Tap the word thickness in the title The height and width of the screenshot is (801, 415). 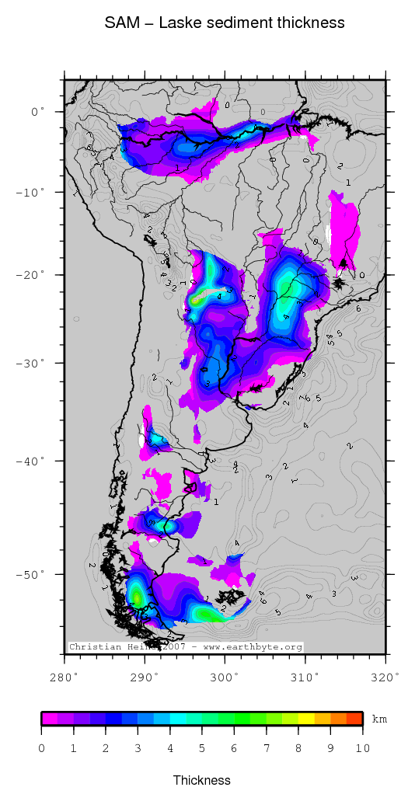point(309,23)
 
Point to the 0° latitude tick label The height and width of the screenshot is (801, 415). point(37,112)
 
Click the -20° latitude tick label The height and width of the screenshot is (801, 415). point(32,275)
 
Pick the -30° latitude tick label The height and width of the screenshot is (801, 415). point(32,363)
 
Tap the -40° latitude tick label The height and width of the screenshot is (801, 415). point(32,461)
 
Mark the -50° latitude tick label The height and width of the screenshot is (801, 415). point(32,574)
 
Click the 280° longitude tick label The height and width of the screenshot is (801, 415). point(65,677)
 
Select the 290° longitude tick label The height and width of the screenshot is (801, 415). point(145,677)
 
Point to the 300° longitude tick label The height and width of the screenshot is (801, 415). point(225,677)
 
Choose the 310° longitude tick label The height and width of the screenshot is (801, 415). point(305,677)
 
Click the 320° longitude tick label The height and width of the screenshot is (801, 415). point(386,677)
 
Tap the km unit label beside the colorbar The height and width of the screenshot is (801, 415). point(379,719)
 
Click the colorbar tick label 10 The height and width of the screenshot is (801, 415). point(362,747)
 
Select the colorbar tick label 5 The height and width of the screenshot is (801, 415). point(202,747)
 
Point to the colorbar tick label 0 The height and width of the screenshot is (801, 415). point(41,747)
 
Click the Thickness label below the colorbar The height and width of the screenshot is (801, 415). point(202,780)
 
